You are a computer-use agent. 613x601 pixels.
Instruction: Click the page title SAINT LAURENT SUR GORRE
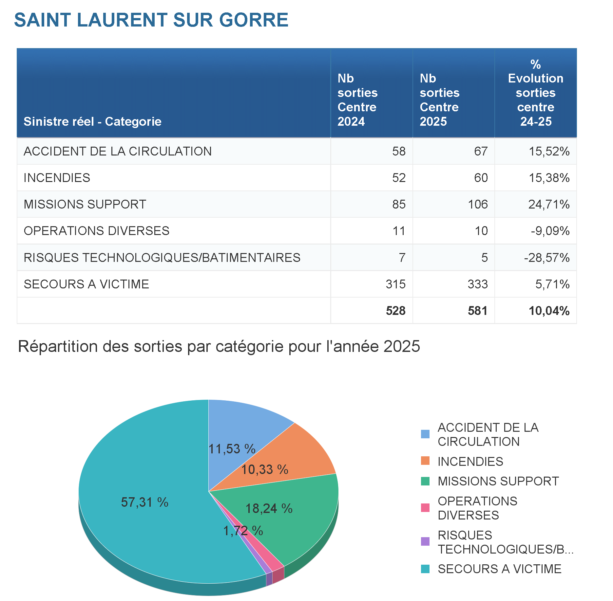pos(151,20)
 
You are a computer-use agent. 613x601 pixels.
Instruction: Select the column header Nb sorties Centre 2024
pos(357,100)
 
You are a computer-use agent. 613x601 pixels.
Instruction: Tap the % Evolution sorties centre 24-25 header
pos(536,93)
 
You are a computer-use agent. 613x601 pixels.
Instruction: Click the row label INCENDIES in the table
pos(57,178)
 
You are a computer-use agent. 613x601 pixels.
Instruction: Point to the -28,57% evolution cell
pos(546,258)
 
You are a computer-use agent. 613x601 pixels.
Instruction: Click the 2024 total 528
pos(395,311)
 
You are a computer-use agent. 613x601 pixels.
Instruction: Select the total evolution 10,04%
pos(549,311)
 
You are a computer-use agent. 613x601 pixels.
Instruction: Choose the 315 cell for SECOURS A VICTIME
pos(395,284)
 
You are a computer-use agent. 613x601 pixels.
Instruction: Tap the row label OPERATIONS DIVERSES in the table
pos(97,231)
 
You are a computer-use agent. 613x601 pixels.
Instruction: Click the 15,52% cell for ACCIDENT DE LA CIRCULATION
pos(549,151)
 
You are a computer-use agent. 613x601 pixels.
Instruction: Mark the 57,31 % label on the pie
pos(144,502)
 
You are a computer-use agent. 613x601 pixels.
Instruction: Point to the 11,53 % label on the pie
pos(232,449)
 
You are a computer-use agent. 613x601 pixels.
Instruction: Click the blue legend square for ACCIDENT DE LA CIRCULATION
pos(425,434)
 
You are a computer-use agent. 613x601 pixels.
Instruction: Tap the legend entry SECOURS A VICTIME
pos(499,569)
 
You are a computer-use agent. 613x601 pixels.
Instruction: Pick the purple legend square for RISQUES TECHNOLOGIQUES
pos(425,541)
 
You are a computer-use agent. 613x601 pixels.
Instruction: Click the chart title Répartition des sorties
pos(219,346)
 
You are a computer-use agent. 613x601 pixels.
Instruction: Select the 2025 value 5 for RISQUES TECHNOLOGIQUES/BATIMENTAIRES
pos(484,258)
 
